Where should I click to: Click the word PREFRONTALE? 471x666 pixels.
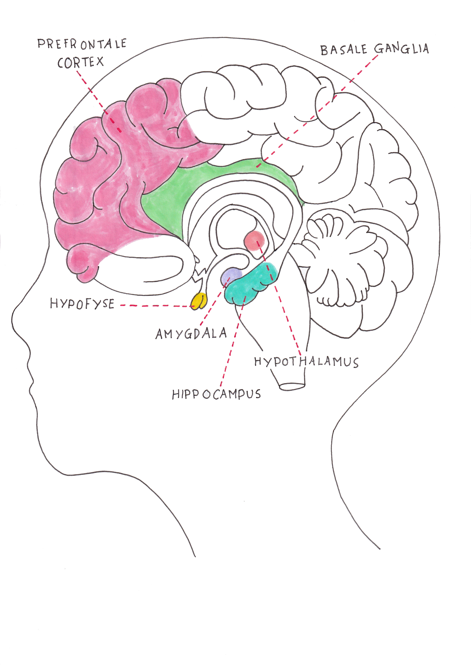tap(82, 44)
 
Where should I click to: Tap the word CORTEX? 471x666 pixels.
tap(80, 62)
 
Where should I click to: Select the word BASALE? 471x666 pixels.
tap(344, 50)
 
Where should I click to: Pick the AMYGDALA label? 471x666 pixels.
tap(191, 334)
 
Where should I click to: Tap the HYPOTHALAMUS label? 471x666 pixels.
tap(307, 362)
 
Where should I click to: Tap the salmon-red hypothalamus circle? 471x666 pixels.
tap(254, 241)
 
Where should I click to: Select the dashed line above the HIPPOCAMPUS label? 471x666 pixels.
tap(233, 341)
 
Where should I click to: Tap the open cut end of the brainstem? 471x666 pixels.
tap(292, 386)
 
